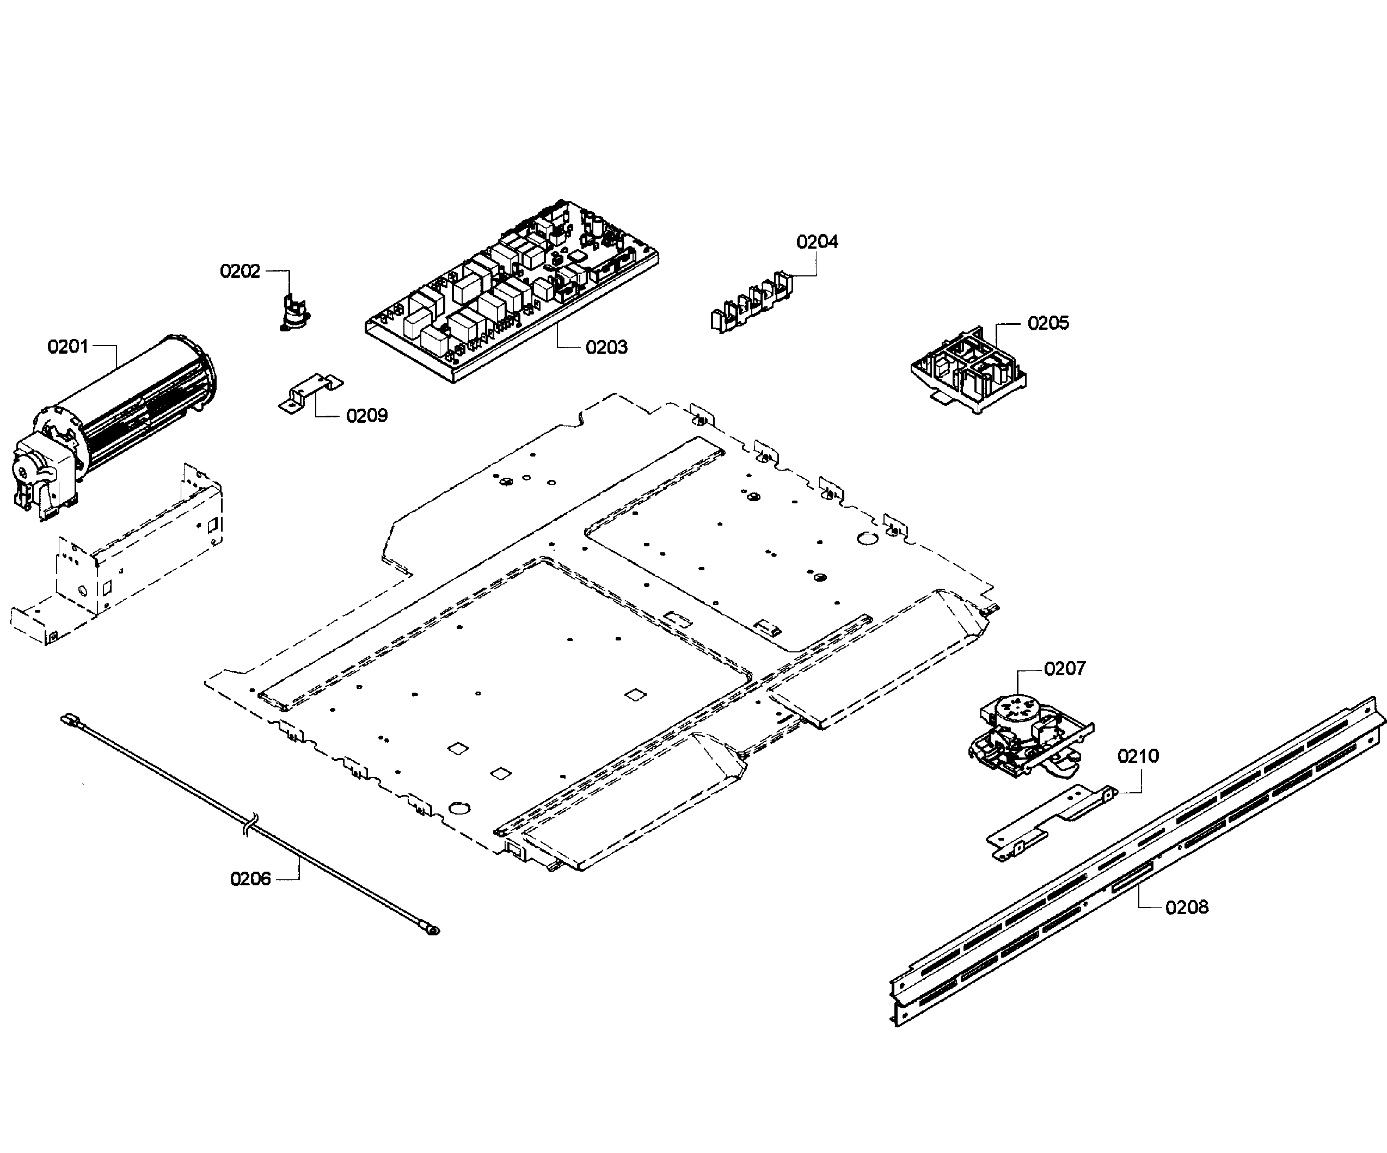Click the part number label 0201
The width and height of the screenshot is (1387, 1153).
67,346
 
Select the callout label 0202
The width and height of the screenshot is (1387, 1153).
240,272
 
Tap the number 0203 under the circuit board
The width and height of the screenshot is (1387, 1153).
606,347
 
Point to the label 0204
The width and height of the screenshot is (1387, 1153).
817,242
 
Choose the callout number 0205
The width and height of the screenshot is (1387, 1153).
1048,323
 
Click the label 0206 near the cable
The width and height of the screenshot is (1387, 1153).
250,879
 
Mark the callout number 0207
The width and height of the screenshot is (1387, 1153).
1065,669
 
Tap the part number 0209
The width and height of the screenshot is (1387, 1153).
366,415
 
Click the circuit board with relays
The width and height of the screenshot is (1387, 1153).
512,291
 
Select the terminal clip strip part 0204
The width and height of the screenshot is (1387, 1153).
753,304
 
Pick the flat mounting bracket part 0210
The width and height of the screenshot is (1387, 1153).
1050,822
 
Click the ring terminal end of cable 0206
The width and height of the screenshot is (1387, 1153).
433,931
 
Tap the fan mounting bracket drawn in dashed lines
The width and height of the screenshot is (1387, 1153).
119,562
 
